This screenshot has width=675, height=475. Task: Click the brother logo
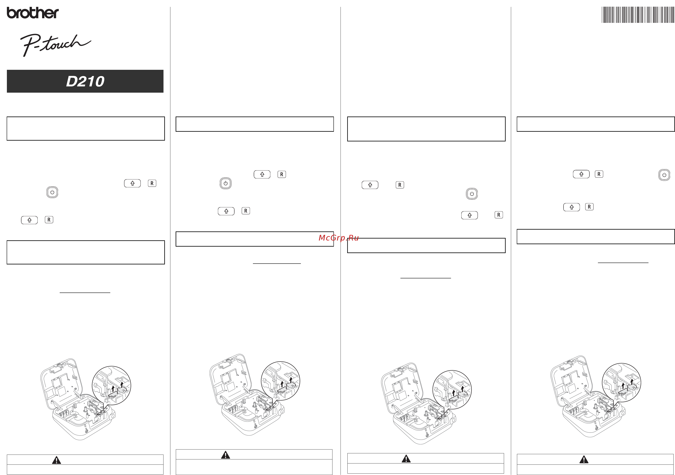pyautogui.click(x=33, y=13)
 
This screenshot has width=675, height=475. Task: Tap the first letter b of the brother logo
pyautogui.click(x=11, y=13)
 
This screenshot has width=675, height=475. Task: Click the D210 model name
pyautogui.click(x=85, y=81)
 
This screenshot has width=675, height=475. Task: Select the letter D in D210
pyautogui.click(x=72, y=81)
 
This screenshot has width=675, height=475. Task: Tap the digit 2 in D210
pyautogui.click(x=83, y=81)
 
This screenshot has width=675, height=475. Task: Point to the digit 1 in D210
pyautogui.click(x=91, y=81)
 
